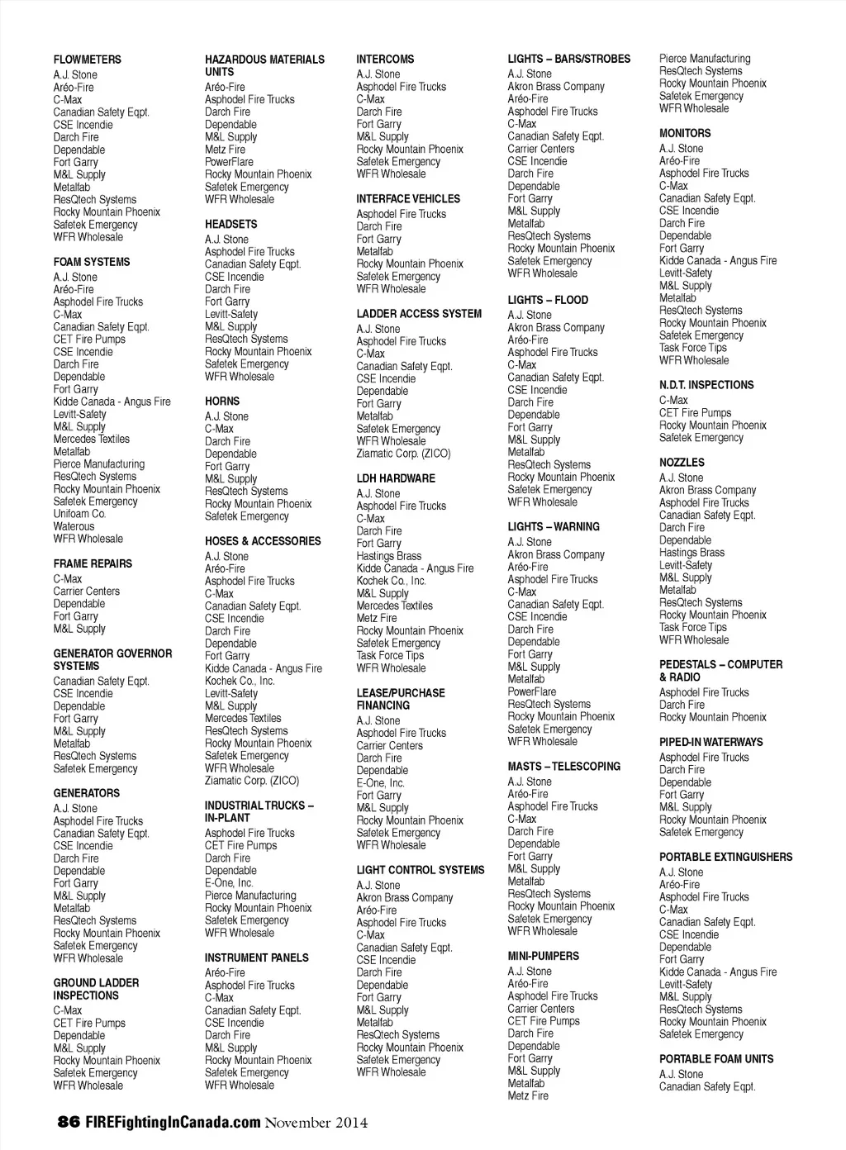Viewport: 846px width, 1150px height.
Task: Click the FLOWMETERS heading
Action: click(x=87, y=59)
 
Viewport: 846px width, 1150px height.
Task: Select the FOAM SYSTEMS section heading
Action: click(x=92, y=262)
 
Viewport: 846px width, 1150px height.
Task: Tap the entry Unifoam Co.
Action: click(x=79, y=514)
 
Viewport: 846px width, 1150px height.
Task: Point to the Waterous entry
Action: click(x=74, y=526)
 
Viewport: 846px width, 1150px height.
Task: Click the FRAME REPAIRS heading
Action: click(x=93, y=563)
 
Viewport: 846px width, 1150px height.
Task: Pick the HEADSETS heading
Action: click(x=231, y=224)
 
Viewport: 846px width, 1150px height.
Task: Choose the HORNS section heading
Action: click(x=222, y=401)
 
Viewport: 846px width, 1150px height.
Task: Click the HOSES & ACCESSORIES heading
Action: click(x=263, y=541)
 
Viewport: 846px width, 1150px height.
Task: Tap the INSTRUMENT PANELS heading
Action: click(x=256, y=958)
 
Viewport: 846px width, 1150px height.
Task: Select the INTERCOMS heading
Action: click(x=385, y=59)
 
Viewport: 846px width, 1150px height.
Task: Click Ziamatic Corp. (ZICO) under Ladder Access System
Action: click(x=403, y=454)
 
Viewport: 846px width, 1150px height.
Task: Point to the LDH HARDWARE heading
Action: click(x=395, y=478)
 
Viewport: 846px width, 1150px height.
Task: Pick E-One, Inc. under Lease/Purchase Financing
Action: click(x=380, y=783)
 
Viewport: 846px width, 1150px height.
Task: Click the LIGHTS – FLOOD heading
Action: click(x=548, y=300)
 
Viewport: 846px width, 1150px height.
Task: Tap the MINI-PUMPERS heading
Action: click(x=543, y=956)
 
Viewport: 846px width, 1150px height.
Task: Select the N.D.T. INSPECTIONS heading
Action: click(x=706, y=385)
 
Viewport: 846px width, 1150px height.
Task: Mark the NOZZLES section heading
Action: click(x=682, y=463)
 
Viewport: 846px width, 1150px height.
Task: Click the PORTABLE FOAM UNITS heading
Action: click(x=716, y=1059)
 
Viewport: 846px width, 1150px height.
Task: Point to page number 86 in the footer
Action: click(x=69, y=1122)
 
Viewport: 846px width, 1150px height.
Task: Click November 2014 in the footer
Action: click(x=316, y=1122)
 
